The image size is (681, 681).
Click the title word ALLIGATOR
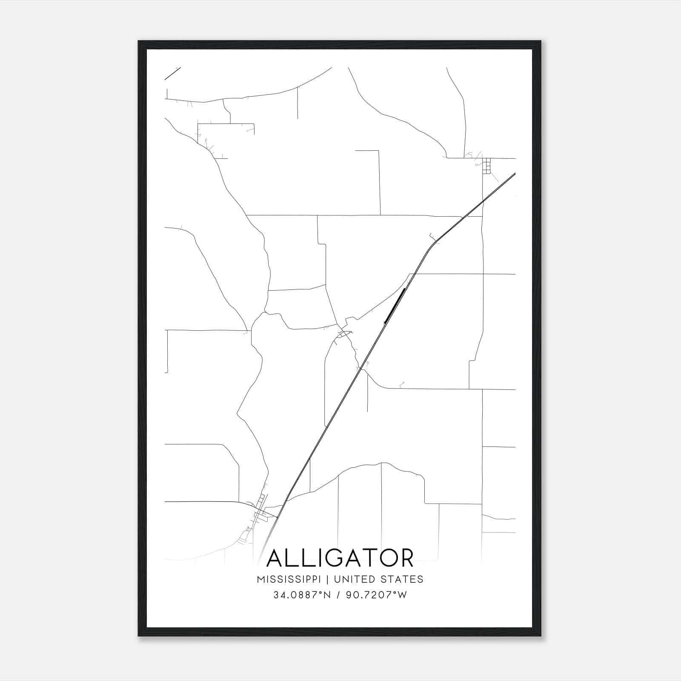340,558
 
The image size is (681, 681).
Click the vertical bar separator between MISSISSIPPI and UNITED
329,579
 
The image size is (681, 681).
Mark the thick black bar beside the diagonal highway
395,306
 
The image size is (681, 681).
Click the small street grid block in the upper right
486,166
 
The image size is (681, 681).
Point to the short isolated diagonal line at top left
173,73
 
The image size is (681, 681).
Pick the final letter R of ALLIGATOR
406,558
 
